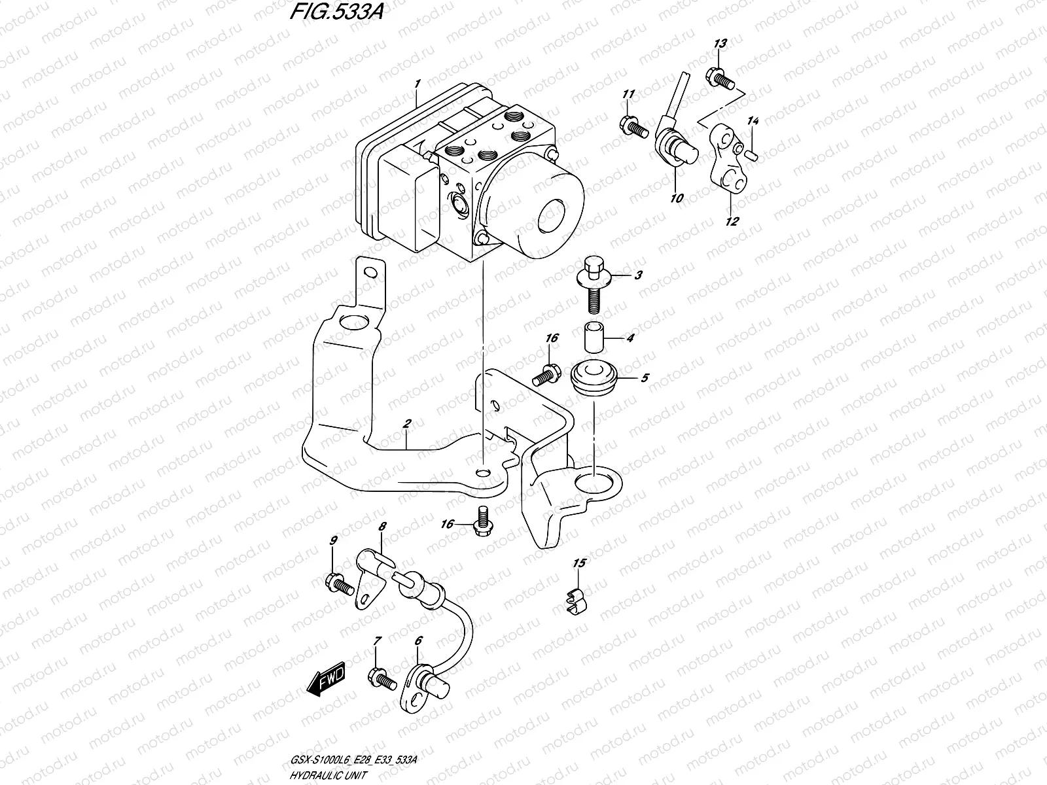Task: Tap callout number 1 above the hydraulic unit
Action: click(x=417, y=83)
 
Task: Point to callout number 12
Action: click(x=732, y=222)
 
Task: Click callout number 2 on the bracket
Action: click(x=406, y=425)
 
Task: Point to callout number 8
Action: click(x=383, y=525)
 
